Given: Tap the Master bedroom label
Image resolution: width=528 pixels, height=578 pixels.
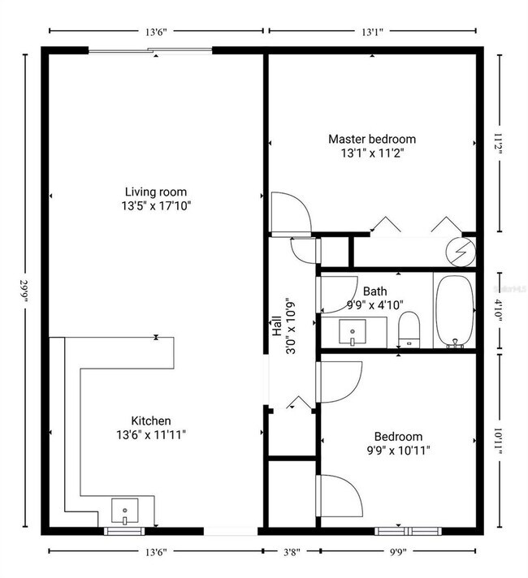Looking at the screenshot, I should pyautogui.click(x=371, y=139).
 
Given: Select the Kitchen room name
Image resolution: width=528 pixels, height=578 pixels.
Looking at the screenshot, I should pyautogui.click(x=151, y=421).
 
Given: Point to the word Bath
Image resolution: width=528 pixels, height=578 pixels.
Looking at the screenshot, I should pyautogui.click(x=374, y=291).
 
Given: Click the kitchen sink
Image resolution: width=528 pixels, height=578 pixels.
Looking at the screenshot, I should pyautogui.click(x=125, y=512).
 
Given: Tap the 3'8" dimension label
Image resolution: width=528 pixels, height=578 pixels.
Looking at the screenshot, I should pyautogui.click(x=290, y=552).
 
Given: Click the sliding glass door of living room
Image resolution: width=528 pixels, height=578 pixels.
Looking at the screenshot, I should pyautogui.click(x=149, y=51).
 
